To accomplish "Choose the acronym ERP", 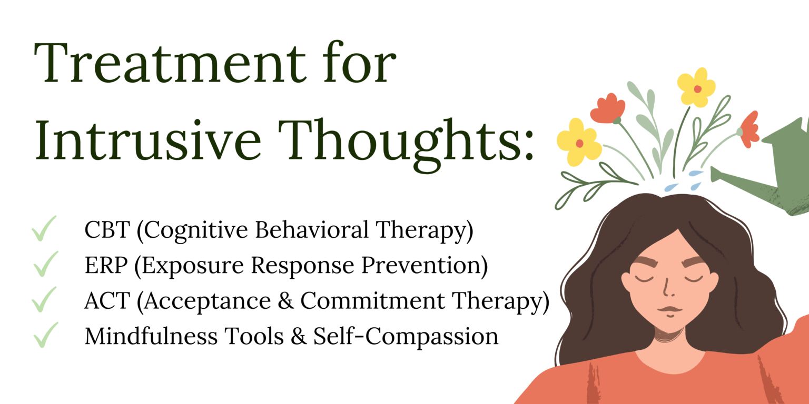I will point(105,266).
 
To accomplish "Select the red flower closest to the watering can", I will point(749,129).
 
